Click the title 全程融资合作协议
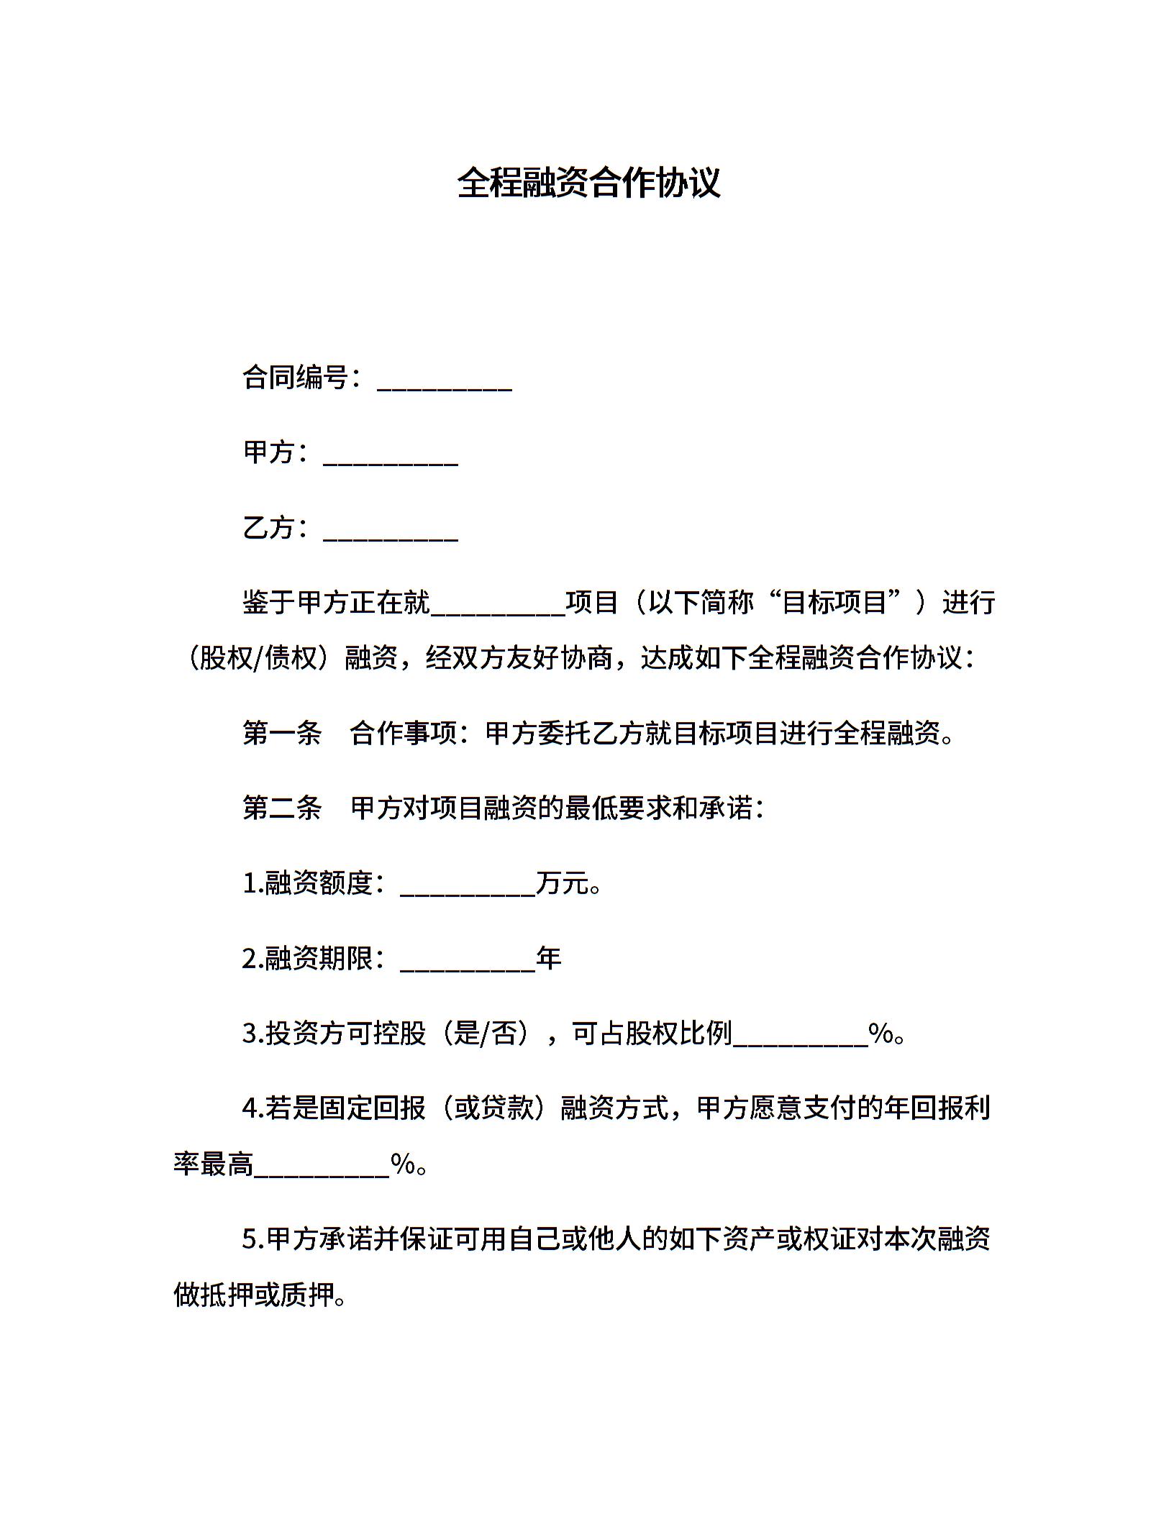(588, 183)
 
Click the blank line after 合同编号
(444, 381)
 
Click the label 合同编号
(296, 378)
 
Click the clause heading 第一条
(282, 734)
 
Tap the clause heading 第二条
(282, 808)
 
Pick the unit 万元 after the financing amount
(563, 883)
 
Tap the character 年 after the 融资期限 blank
(549, 959)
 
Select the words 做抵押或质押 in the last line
(254, 1295)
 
